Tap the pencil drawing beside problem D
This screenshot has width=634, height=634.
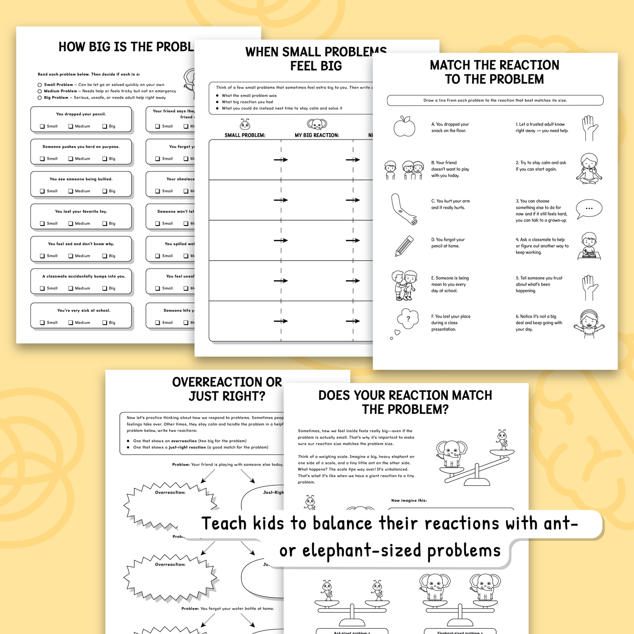[404, 246]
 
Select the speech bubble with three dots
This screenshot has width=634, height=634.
[589, 209]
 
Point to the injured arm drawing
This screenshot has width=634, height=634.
[403, 209]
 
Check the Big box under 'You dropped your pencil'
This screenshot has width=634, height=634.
[105, 126]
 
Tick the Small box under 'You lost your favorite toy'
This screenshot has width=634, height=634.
[43, 224]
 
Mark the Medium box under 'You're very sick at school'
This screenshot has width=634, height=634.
[71, 323]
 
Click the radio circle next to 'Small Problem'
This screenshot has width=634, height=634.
[40, 85]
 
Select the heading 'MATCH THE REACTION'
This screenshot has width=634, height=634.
[494, 65]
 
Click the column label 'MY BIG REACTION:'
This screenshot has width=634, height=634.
[317, 135]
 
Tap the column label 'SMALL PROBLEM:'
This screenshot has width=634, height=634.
[245, 135]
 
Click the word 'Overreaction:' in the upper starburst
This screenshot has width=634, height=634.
[170, 492]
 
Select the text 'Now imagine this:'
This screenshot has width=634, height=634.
[409, 500]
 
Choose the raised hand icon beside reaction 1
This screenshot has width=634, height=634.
[588, 128]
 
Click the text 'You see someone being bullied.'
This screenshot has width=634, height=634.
[81, 179]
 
